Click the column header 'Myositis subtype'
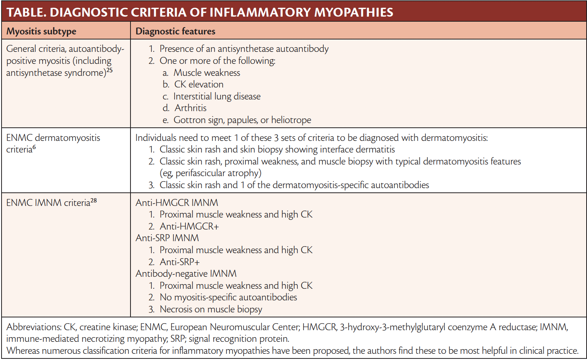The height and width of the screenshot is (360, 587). [41, 31]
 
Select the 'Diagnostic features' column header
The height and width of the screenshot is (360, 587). [175, 31]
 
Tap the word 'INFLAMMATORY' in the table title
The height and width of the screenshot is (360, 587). [259, 12]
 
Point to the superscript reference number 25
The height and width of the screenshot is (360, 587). [110, 70]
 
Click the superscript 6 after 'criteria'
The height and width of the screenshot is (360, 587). [34, 147]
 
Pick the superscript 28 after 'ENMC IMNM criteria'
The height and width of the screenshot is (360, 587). [93, 201]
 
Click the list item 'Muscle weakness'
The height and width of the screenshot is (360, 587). [206, 73]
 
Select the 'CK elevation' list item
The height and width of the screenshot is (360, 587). [199, 84]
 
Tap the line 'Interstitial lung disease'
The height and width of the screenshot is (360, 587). [217, 96]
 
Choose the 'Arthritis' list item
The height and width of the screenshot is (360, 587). [191, 108]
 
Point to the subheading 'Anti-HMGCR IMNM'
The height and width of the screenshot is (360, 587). [177, 202]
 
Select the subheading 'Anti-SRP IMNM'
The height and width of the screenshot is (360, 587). [167, 238]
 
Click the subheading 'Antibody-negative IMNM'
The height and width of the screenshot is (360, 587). [186, 274]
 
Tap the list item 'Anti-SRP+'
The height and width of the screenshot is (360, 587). [180, 262]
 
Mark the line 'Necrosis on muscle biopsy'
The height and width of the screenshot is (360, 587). [211, 309]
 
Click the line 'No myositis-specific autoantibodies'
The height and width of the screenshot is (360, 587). [228, 297]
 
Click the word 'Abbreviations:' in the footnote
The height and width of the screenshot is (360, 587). [34, 327]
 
